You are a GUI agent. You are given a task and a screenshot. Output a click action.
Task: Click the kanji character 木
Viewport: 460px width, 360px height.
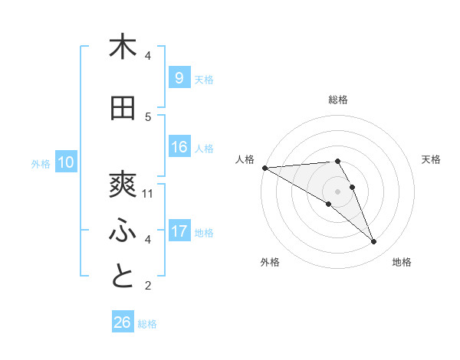click(x=123, y=47)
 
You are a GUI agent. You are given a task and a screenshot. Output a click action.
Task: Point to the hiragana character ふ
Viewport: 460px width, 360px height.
click(x=123, y=231)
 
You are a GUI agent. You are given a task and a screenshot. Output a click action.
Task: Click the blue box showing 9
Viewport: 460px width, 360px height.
click(x=179, y=77)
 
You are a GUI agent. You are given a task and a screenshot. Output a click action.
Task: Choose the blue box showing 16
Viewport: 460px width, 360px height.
click(x=179, y=147)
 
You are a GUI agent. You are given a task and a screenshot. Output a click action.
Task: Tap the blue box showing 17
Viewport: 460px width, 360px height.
click(x=179, y=231)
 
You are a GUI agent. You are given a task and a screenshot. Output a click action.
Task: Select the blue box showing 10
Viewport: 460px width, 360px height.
click(x=66, y=162)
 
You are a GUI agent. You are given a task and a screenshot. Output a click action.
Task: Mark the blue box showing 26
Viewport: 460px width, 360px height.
click(x=123, y=322)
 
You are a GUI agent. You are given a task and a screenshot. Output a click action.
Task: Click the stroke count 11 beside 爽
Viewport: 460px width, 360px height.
click(x=148, y=193)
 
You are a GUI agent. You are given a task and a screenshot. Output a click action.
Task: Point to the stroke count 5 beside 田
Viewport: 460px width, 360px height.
click(x=148, y=116)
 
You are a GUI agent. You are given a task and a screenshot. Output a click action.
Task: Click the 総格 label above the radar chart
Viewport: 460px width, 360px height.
click(x=337, y=100)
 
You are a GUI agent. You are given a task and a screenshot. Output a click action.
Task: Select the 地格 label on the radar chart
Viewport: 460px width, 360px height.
click(x=402, y=262)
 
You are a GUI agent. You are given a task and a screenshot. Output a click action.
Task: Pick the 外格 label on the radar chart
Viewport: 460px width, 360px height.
click(x=270, y=262)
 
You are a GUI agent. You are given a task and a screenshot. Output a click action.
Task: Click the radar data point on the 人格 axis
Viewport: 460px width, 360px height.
click(x=264, y=168)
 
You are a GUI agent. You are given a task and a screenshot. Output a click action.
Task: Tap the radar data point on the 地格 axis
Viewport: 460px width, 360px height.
click(x=373, y=242)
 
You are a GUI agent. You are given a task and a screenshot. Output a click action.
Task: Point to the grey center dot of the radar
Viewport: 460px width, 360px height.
click(x=337, y=191)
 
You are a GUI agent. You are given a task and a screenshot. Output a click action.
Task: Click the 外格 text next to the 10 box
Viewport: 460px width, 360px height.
click(x=40, y=163)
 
